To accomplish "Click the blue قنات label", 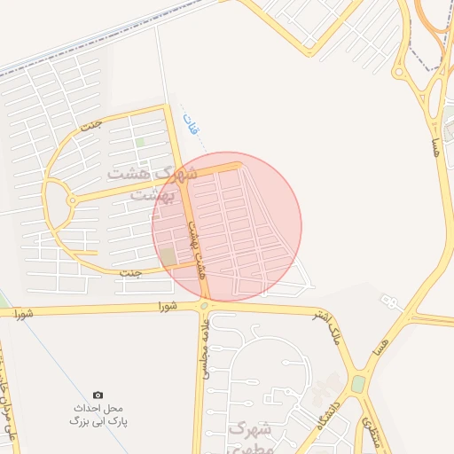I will click(190, 123).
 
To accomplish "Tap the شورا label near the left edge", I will click(23, 313).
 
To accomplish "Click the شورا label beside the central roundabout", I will click(168, 307).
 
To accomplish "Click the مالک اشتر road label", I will click(325, 327).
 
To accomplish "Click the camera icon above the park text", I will click(98, 395).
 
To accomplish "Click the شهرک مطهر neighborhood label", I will click(251, 435).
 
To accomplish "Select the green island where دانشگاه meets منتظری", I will click(358, 384).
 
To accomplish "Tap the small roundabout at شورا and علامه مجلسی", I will click(205, 307).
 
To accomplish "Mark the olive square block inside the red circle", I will click(168, 257).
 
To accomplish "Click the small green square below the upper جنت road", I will click(140, 142).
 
